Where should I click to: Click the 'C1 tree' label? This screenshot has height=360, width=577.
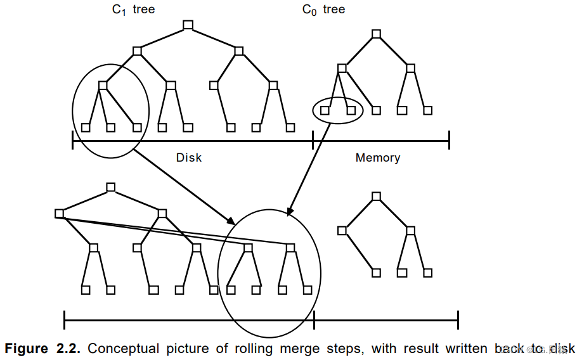[133, 10]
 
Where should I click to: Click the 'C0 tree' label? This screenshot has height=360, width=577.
[323, 10]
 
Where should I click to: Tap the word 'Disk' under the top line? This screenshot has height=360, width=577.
[188, 157]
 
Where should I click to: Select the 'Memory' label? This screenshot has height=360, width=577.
[378, 157]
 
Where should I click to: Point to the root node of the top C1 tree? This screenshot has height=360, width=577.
[187, 25]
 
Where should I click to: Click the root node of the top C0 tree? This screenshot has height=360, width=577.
[376, 34]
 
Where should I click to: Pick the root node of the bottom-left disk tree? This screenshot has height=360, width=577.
[110, 187]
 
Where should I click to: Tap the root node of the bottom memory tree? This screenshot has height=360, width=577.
[376, 196]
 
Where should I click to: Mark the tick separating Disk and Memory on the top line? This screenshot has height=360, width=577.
[313, 141]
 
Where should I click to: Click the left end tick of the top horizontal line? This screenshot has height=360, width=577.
[73, 141]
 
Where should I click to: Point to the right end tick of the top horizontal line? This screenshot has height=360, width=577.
[449, 141]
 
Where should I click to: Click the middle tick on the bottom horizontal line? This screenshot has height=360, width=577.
[314, 320]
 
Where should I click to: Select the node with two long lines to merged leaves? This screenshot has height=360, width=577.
[59, 214]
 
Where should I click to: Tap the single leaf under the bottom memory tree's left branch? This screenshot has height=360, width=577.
[376, 273]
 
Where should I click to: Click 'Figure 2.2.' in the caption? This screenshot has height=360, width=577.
[43, 349]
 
